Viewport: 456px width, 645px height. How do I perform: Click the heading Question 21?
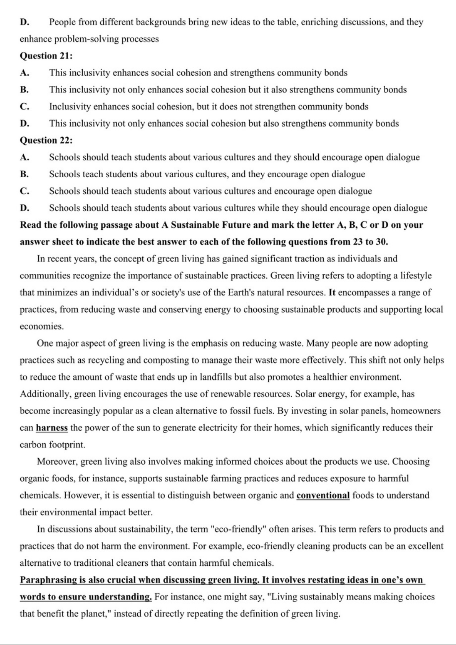[46, 56]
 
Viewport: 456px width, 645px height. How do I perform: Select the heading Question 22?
[46, 140]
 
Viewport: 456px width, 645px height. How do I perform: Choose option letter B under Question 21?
[24, 90]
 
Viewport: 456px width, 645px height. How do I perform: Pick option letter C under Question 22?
[24, 191]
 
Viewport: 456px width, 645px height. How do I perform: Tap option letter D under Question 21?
[24, 124]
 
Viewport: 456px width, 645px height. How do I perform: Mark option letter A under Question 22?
[24, 157]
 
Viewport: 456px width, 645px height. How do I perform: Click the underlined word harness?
[52, 428]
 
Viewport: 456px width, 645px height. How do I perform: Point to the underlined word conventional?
[323, 496]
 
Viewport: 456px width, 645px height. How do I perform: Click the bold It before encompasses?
[332, 293]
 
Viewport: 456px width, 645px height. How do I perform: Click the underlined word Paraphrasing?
[48, 580]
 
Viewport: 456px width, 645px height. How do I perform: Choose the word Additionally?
[45, 394]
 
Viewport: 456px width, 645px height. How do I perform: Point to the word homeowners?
[415, 411]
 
